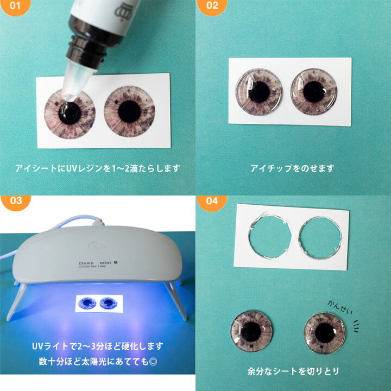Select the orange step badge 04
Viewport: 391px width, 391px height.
211,202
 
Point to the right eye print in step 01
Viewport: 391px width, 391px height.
129,111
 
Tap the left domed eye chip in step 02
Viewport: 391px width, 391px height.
259,92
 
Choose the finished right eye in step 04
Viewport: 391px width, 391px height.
325,332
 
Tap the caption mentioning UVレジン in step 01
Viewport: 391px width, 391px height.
97,168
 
